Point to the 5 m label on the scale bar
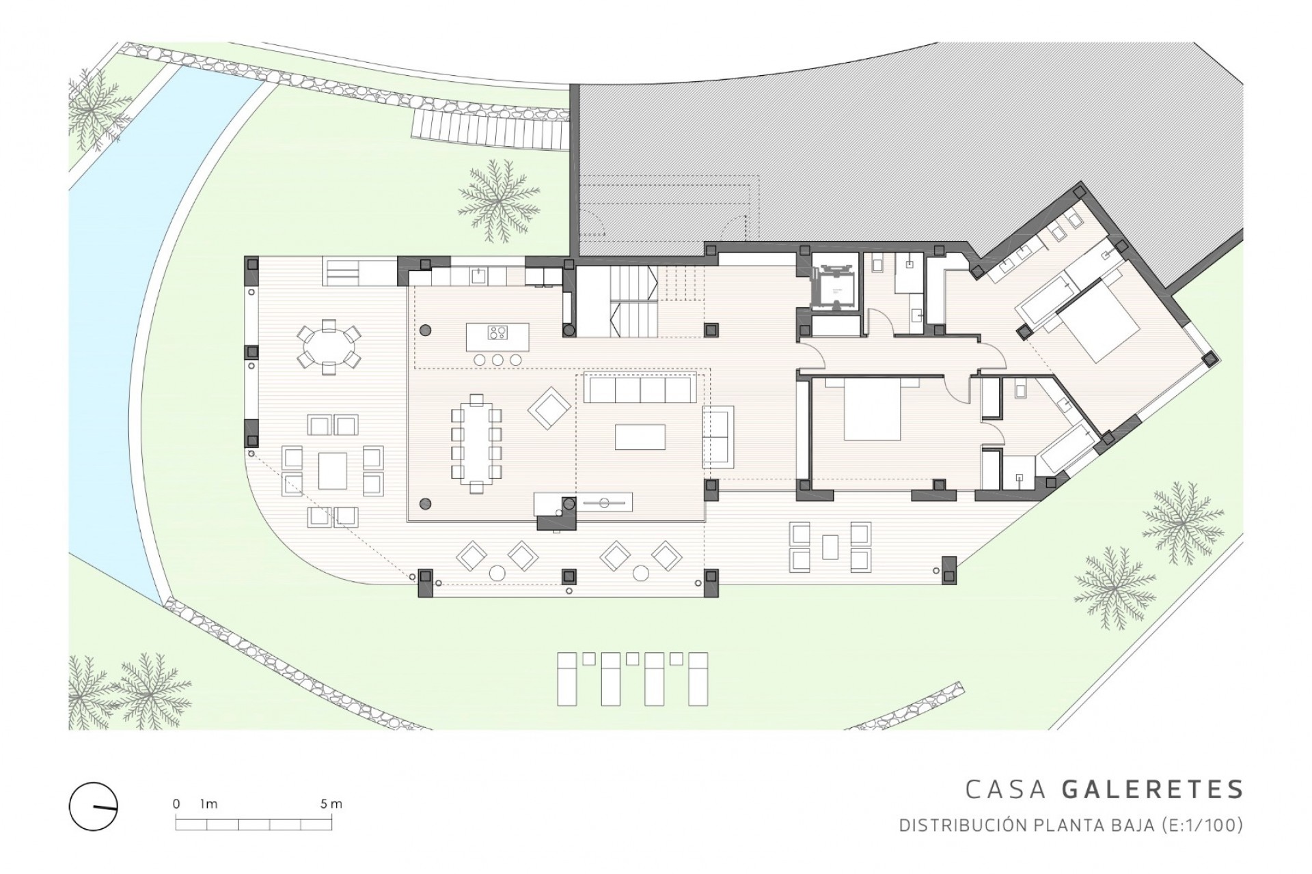(331, 804)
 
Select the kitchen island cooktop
(497, 333)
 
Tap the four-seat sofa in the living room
(640, 391)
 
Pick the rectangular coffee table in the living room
(640, 437)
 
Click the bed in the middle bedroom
(871, 410)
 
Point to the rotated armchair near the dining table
(549, 408)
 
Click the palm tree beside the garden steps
(497, 200)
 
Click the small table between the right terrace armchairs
(830, 546)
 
